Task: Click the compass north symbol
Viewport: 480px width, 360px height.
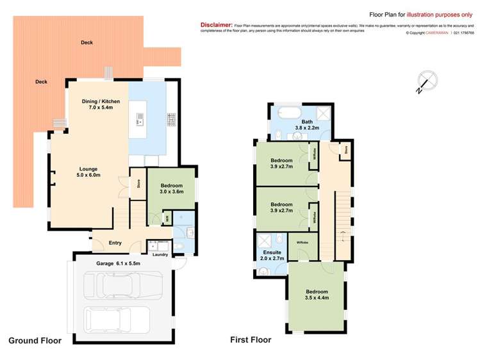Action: pyautogui.click(x=426, y=81)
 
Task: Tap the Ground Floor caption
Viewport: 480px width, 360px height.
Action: pyautogui.click(x=35, y=341)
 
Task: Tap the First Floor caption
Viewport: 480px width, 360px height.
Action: pyautogui.click(x=251, y=340)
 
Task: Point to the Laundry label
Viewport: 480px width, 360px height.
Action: pyautogui.click(x=160, y=255)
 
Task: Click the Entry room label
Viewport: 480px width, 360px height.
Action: pyautogui.click(x=115, y=243)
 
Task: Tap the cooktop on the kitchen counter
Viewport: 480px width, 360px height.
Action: pyautogui.click(x=172, y=119)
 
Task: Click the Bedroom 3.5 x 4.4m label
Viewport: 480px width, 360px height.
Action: pyautogui.click(x=316, y=295)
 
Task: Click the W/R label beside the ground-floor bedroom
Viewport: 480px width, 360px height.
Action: pyautogui.click(x=167, y=218)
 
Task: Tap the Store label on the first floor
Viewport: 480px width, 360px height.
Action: pyautogui.click(x=345, y=150)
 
